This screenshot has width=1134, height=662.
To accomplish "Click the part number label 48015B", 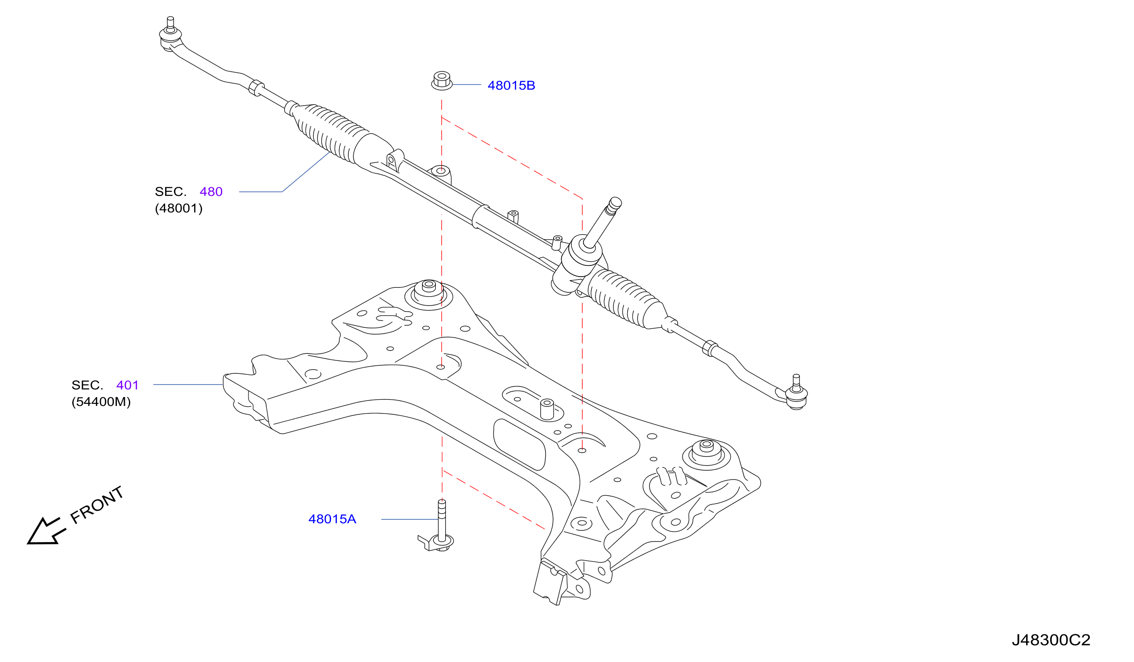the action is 511,86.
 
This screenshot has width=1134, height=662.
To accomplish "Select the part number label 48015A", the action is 332,519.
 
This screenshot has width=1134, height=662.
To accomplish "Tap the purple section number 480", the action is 211,192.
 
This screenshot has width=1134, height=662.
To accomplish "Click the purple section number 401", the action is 127,385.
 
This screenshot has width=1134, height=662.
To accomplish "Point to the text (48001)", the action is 178,208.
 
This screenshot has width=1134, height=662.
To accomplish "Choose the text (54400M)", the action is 101,402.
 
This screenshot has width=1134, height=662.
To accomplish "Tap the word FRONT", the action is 97,505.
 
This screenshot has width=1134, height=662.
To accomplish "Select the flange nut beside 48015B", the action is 442,81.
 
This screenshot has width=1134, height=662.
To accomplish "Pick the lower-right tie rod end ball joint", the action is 796,393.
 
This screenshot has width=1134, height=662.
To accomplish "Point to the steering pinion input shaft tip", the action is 615,203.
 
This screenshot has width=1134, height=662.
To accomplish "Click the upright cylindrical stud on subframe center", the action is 547,409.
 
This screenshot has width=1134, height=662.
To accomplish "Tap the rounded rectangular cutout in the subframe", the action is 519,445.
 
